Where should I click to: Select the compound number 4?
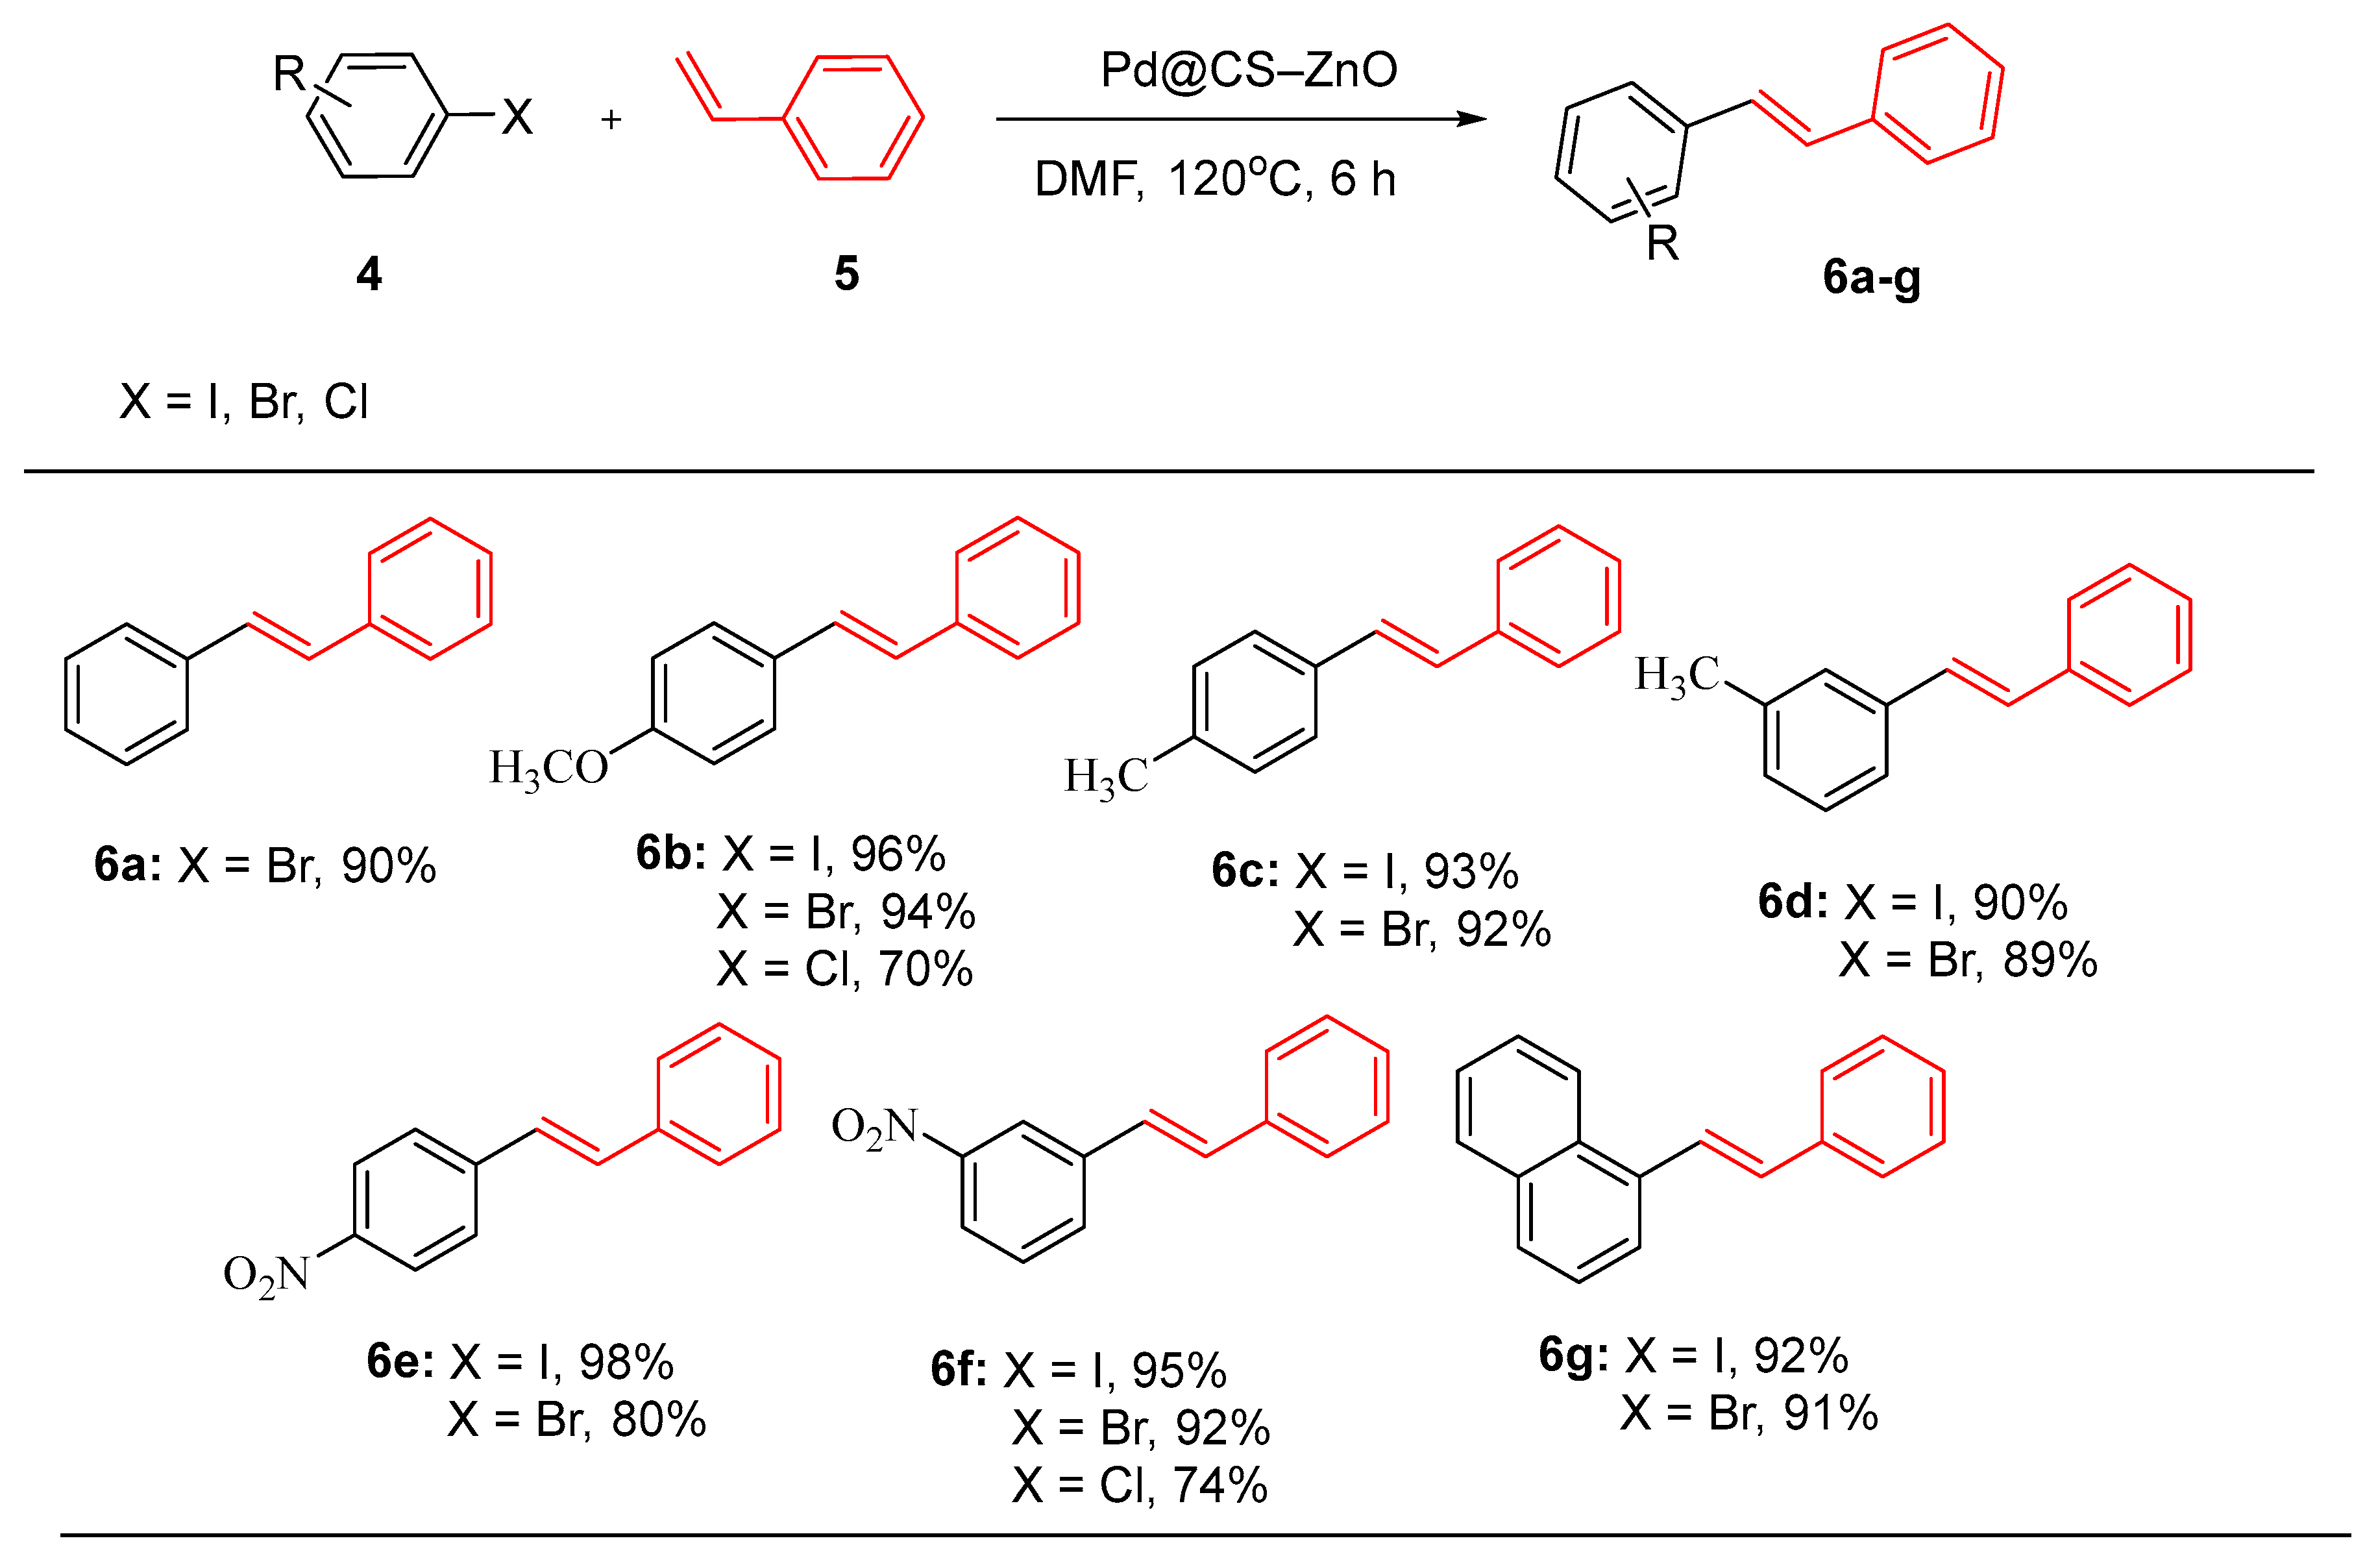click(369, 273)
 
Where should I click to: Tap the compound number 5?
click(846, 273)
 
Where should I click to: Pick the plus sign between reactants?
click(611, 119)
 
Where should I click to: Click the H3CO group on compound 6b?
click(548, 768)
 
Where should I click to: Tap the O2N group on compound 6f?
click(874, 1128)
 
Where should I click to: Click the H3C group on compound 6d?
click(1676, 676)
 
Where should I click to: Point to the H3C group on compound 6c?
click(1105, 776)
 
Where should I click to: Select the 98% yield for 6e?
click(626, 1361)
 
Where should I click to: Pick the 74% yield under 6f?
click(1220, 1485)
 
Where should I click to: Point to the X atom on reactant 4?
click(517, 117)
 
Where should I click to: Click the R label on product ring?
click(1663, 243)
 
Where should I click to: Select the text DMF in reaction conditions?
click(1088, 180)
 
